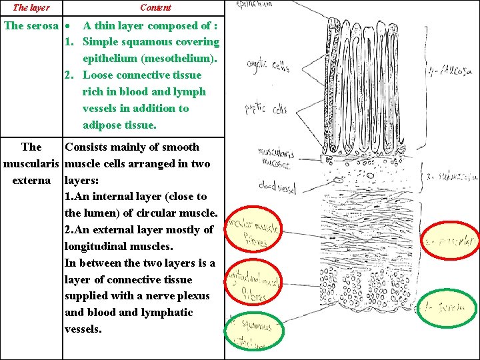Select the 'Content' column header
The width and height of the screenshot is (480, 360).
(x=155, y=7)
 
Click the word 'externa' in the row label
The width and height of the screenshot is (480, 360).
(x=31, y=180)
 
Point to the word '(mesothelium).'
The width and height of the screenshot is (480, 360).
(x=150, y=59)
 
